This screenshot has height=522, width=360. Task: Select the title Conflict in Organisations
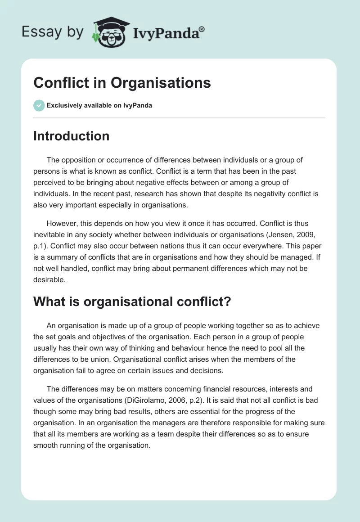coord(122,83)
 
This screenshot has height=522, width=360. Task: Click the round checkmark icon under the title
coord(39,105)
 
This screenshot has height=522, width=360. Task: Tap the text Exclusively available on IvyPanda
coord(99,106)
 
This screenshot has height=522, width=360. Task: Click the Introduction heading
coord(71,136)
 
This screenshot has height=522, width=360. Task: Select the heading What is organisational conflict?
coord(132,302)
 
